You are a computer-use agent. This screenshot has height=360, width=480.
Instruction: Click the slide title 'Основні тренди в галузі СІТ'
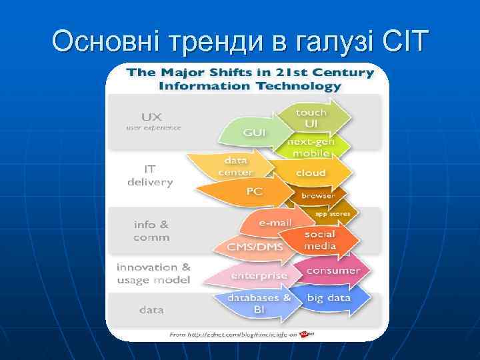tap(239, 41)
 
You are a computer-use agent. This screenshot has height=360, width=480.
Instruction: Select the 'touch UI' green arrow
tap(312, 118)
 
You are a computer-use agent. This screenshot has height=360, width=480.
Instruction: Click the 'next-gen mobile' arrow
tap(309, 147)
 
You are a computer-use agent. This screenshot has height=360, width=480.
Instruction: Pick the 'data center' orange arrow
tap(235, 166)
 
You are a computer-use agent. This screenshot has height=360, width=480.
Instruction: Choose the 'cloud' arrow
tap(312, 173)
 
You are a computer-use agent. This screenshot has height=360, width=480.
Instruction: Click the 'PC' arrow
tap(253, 191)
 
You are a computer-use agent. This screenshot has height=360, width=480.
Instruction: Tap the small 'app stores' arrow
tap(331, 214)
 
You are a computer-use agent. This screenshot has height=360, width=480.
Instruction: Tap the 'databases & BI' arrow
tap(259, 303)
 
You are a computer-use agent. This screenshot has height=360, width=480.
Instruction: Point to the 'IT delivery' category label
tap(150, 175)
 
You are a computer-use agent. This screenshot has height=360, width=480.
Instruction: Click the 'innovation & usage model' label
tap(153, 273)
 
